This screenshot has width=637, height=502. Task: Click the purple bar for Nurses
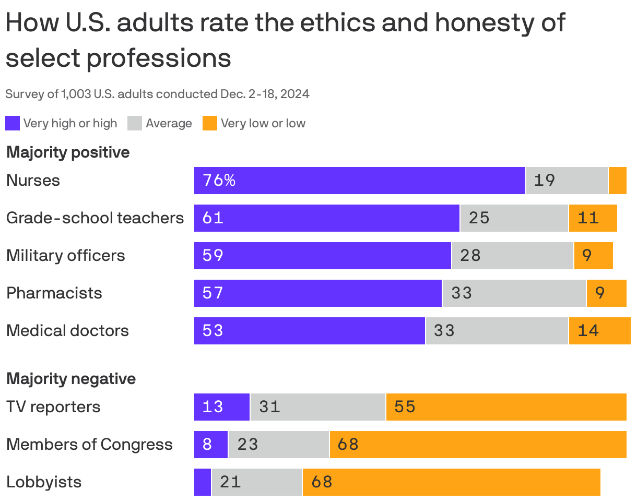tap(359, 181)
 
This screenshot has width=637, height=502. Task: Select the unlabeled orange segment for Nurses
tap(617, 181)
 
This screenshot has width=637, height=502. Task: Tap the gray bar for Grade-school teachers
tap(514, 218)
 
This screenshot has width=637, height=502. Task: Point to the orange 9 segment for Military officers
tap(593, 256)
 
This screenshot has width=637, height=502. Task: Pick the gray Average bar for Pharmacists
tap(514, 293)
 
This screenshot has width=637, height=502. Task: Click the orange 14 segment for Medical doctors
tap(599, 331)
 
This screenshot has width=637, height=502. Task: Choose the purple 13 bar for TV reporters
tap(221, 407)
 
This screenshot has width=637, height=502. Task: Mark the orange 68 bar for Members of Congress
tap(478, 445)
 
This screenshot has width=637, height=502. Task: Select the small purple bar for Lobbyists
tap(203, 482)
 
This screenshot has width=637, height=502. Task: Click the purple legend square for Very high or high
tap(13, 124)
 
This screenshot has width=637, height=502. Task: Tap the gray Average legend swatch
tap(135, 124)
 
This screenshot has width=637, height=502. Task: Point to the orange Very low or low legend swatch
tap(209, 124)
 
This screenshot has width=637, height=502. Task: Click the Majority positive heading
tap(68, 153)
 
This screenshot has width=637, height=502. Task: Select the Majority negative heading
tap(71, 379)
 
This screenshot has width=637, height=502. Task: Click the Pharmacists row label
tap(54, 293)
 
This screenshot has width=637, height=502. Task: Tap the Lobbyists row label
tap(44, 482)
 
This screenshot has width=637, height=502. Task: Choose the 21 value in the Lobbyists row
tap(230, 482)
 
